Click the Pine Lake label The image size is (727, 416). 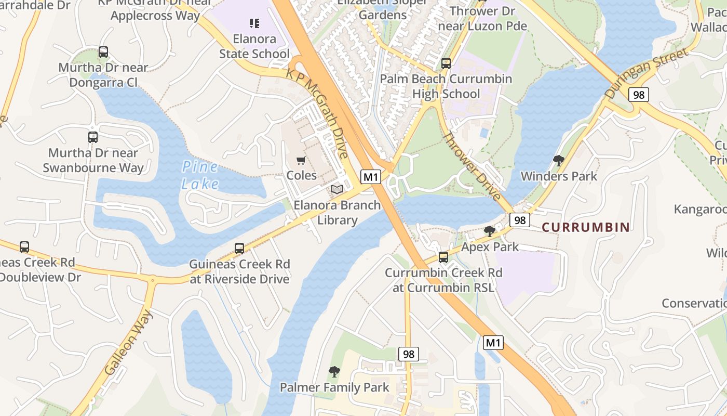[x=200, y=176]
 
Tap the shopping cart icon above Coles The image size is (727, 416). [x=301, y=161]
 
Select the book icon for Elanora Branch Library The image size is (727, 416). [x=337, y=190]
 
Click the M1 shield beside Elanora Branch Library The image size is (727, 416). [x=370, y=177]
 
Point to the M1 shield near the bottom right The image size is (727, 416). [x=493, y=343]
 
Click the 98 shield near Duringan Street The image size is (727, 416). [x=638, y=95]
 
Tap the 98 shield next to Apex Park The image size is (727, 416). [x=519, y=220]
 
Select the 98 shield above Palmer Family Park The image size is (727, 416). [x=409, y=355]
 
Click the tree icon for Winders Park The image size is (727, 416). [x=559, y=161]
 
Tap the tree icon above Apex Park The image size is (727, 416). [x=489, y=231]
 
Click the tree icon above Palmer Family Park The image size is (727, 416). [x=334, y=372]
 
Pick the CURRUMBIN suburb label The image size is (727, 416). [x=586, y=227]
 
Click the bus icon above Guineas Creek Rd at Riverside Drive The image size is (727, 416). [x=239, y=249]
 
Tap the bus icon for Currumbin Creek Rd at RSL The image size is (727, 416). [x=443, y=257]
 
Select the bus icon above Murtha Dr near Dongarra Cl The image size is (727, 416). [x=103, y=52]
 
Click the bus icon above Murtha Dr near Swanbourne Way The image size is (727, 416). [x=93, y=137]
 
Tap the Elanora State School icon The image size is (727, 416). [x=254, y=23]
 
